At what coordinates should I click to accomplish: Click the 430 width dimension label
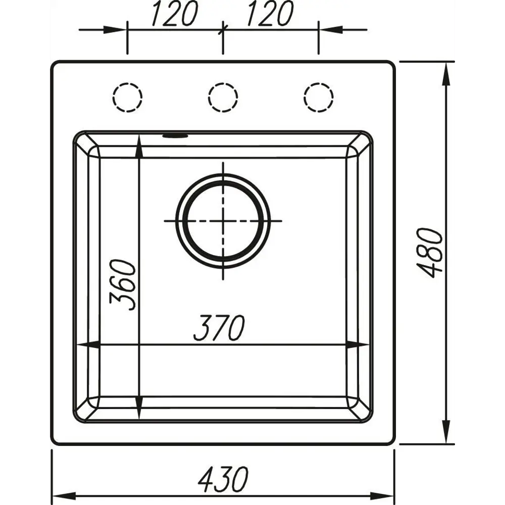(x=223, y=479)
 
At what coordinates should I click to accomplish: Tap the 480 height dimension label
(x=432, y=252)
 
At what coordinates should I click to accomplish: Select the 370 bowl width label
(x=219, y=328)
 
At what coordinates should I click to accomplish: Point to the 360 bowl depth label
(x=123, y=285)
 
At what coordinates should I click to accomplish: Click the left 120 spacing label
(x=173, y=14)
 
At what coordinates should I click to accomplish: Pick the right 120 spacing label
(x=268, y=14)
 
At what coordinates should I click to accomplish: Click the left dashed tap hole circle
(x=127, y=96)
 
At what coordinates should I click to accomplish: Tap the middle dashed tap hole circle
(x=223, y=96)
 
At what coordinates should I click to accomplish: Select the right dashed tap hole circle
(x=319, y=96)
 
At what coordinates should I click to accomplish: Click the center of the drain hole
(x=223, y=221)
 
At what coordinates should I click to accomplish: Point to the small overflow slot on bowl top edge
(x=175, y=135)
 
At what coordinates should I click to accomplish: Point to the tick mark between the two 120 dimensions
(x=222, y=30)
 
